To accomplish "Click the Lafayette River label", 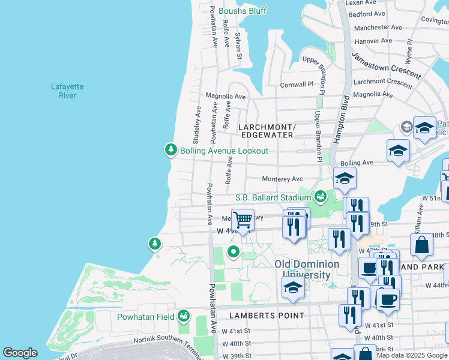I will tap(67, 91).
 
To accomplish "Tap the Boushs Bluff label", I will tap(243, 11).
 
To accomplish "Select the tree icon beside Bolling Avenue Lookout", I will tap(171, 150).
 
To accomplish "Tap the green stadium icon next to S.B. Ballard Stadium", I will tap(321, 196).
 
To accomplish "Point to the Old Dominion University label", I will tap(307, 269).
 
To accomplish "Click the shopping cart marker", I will tap(243, 220).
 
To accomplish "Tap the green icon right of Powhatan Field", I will tap(184, 316).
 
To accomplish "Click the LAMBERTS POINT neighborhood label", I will tap(267, 315).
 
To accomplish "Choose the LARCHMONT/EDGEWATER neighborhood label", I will tap(267, 131).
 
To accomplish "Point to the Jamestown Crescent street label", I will tap(386, 65).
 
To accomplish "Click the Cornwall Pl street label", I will tap(297, 85).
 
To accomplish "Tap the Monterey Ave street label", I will tap(282, 179).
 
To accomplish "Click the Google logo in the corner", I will tap(20, 353).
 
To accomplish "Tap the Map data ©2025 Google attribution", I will tap(412, 355).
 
